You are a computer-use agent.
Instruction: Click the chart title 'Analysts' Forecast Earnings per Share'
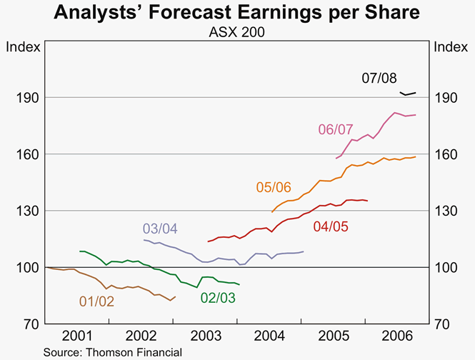pyautogui.click(x=237, y=13)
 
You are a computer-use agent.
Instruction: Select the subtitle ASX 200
pyautogui.click(x=237, y=31)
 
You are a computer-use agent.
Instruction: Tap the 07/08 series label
pyautogui.click(x=379, y=78)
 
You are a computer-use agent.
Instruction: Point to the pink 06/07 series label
pyautogui.click(x=336, y=129)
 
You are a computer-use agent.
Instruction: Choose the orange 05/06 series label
pyautogui.click(x=274, y=187)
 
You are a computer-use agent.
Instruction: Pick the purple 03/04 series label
pyautogui.click(x=160, y=229)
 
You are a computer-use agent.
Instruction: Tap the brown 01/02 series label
pyautogui.click(x=96, y=301)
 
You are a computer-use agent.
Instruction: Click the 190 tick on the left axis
pyautogui.click(x=28, y=97)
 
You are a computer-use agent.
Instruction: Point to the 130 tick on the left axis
pyautogui.click(x=28, y=211)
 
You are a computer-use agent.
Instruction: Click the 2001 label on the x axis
pyautogui.click(x=76, y=336)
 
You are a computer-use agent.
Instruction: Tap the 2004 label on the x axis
pyautogui.click(x=269, y=336)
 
